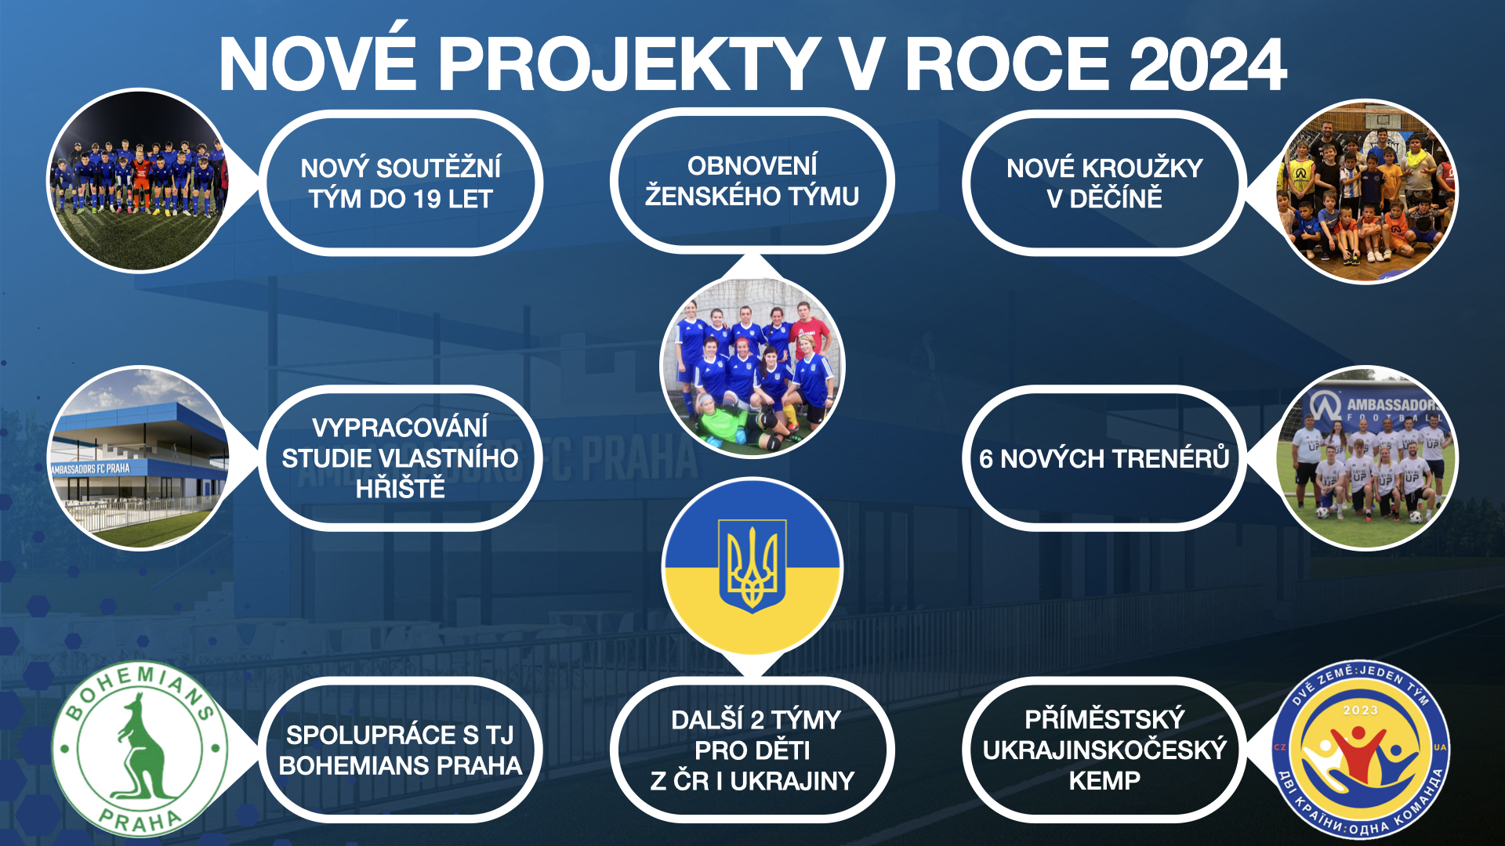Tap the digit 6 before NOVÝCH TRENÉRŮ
point(986,459)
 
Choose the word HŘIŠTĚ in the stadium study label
point(401,489)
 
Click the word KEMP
point(1104,781)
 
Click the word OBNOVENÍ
point(752,165)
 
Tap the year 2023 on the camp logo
point(1361,710)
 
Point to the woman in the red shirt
point(810,333)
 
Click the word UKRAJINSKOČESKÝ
point(1104,750)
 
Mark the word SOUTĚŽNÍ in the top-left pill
point(439,168)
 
